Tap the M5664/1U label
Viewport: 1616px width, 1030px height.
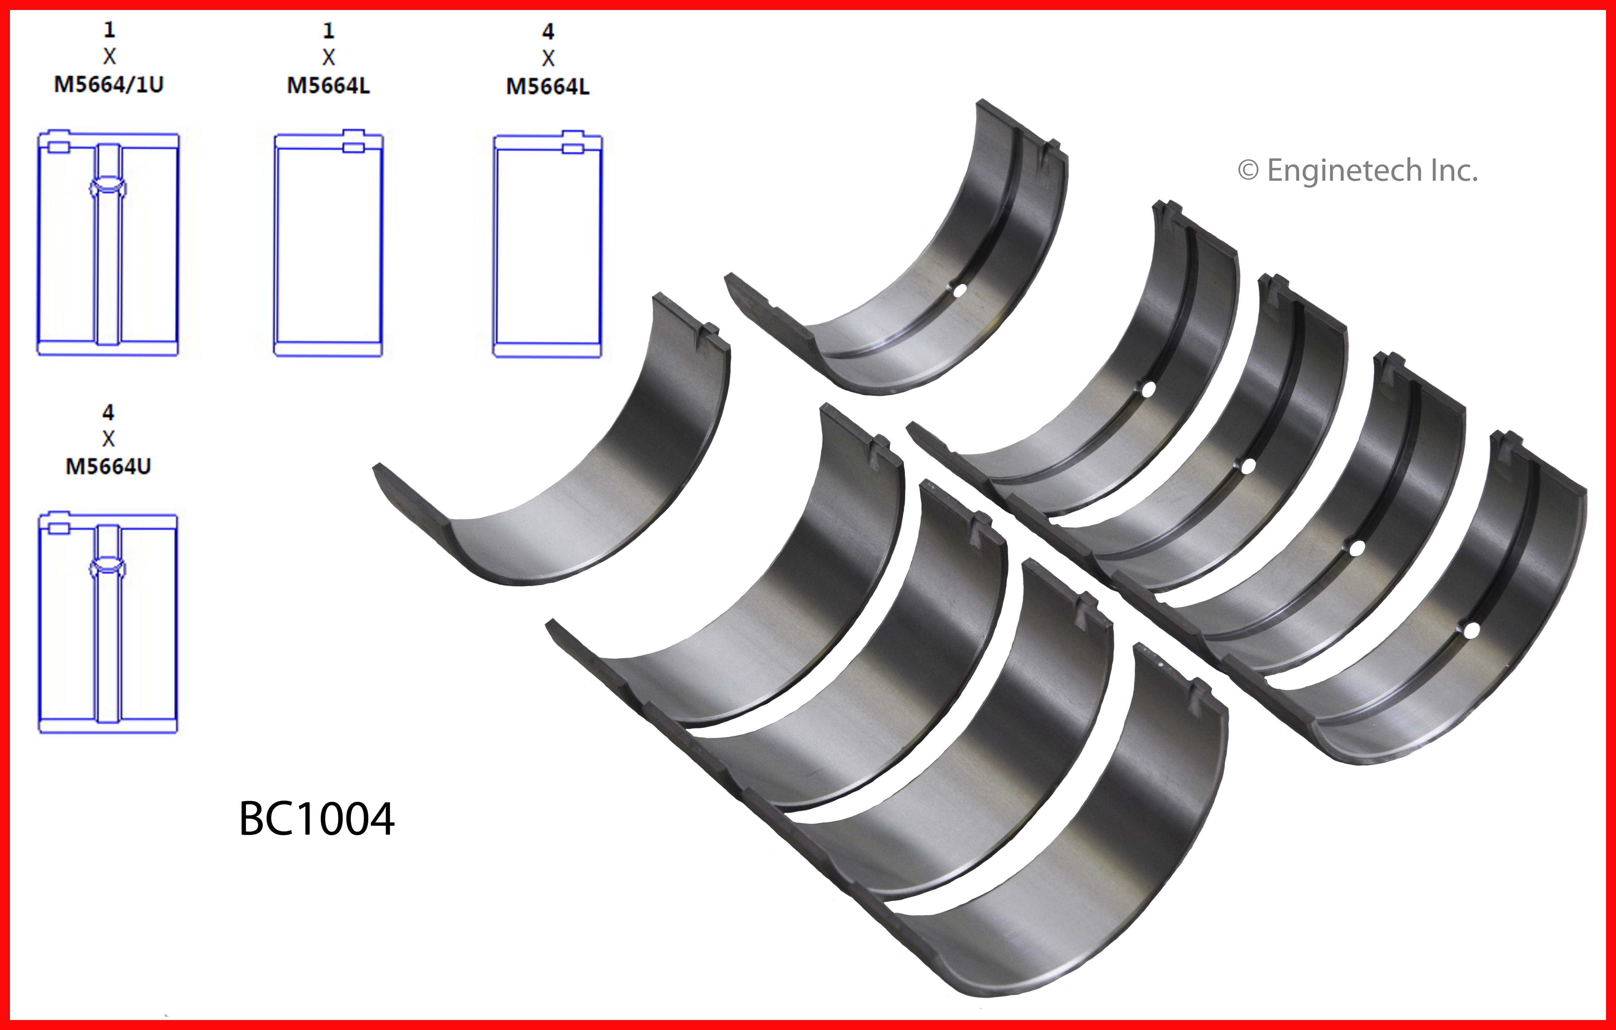click(x=109, y=84)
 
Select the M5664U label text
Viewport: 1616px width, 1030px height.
click(x=108, y=466)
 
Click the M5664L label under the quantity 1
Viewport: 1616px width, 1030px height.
click(x=328, y=86)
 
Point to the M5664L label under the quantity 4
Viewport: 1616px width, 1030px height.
click(x=548, y=87)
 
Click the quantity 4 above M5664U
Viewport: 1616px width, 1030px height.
click(x=108, y=412)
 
